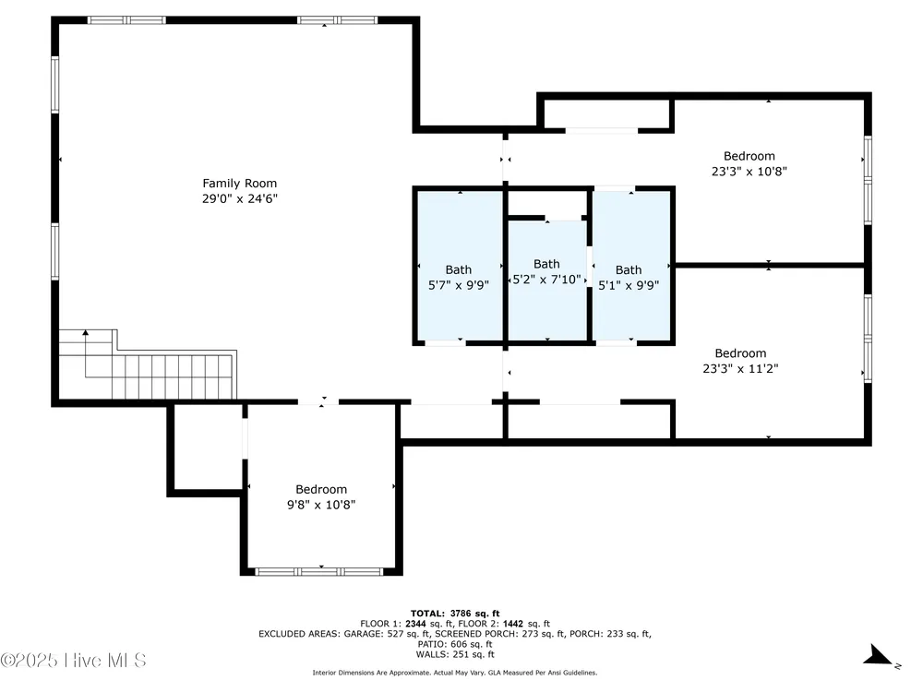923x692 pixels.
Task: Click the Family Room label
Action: tap(240, 184)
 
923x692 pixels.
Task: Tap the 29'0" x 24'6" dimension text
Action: tap(240, 199)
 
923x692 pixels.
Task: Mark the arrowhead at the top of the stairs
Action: tap(86, 333)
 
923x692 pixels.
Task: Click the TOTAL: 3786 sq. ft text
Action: tap(455, 614)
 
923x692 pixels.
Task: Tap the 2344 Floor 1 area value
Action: tap(415, 624)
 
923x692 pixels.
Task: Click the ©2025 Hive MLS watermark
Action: tap(73, 661)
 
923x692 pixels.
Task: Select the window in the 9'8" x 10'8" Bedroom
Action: tap(319, 571)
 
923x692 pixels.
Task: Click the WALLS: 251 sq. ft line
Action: tap(455, 654)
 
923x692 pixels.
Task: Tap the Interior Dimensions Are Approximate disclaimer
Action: tap(455, 673)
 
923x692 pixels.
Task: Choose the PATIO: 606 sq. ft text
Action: tap(455, 644)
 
